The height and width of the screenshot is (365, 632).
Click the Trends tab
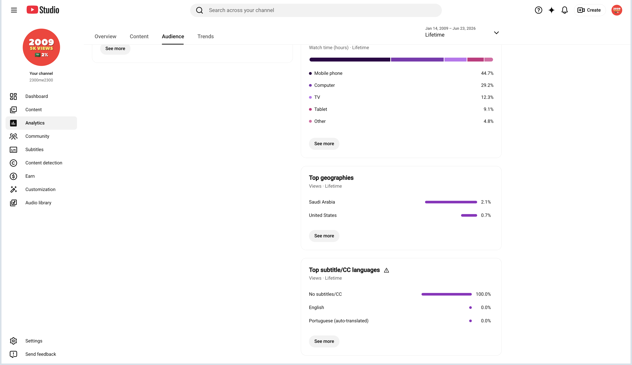point(205,36)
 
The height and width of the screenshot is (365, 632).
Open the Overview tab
point(105,36)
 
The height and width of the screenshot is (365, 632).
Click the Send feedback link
point(41,354)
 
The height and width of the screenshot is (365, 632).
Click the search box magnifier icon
point(199,10)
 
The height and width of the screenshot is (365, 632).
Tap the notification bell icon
point(565,10)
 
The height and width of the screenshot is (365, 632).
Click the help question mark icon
point(538,10)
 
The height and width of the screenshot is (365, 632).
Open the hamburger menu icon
point(14,10)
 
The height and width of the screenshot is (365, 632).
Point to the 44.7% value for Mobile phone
point(487,73)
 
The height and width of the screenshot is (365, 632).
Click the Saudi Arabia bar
point(451,202)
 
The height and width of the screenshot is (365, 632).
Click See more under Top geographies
point(324,236)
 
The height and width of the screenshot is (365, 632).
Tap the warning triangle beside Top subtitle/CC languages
point(386,270)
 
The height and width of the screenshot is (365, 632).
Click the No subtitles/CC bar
point(446,294)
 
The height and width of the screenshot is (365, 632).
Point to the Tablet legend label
point(320,109)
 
